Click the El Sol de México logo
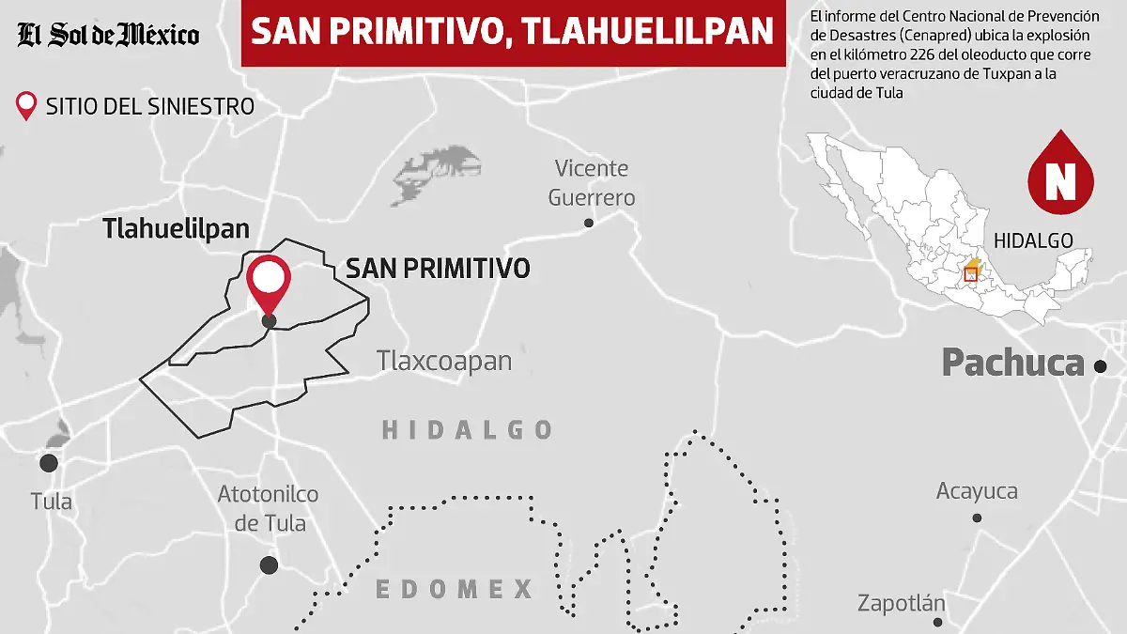108,36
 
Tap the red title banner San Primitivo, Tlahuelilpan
513,33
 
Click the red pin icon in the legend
27,105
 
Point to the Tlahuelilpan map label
177,228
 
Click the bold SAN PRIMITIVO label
438,268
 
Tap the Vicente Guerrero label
592,183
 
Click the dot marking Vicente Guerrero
589,223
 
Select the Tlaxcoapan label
444,361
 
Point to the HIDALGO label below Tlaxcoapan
467,430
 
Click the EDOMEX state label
455,590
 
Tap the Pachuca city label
1012,363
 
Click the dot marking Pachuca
1100,366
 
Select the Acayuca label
977,491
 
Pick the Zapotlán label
902,603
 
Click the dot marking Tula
48,463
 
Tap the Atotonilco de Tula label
269,508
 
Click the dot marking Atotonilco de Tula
269,564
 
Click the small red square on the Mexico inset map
971,275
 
